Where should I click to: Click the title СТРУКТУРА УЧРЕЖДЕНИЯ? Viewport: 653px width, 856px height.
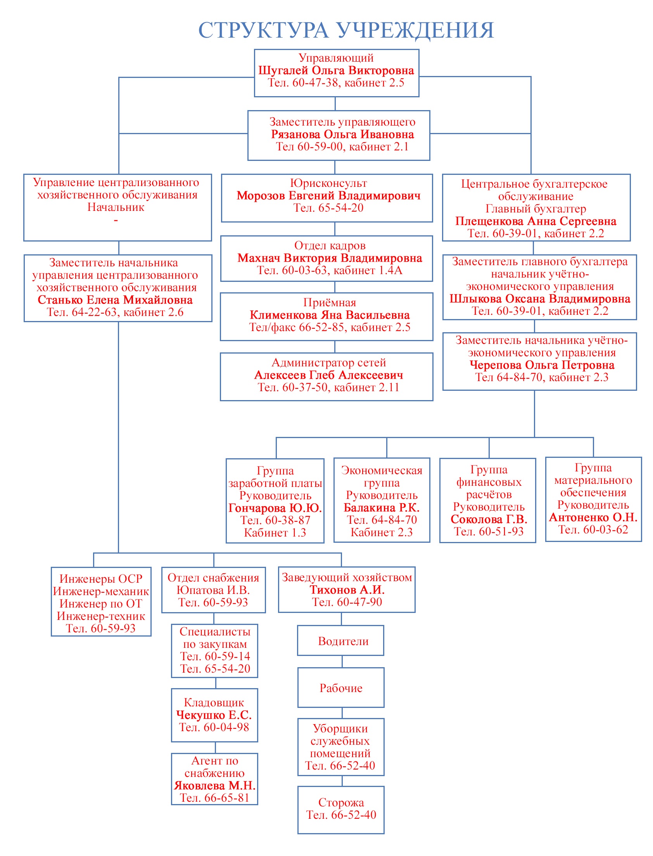click(x=346, y=30)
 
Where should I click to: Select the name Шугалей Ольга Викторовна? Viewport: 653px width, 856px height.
click(x=336, y=70)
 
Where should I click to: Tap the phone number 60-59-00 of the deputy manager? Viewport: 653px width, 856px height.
click(x=320, y=147)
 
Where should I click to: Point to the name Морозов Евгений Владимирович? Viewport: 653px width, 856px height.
click(x=328, y=195)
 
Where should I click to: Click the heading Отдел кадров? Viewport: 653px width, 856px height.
click(x=330, y=245)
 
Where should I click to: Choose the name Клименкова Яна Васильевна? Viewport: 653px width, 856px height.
click(x=330, y=315)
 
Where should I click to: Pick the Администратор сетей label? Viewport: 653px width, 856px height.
click(x=328, y=362)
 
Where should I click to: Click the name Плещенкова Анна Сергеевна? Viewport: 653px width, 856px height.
click(x=536, y=221)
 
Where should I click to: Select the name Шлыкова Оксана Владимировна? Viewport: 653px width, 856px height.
click(x=540, y=299)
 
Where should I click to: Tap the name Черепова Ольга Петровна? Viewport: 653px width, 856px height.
click(x=542, y=365)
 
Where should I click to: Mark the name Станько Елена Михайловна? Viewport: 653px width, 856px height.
click(x=115, y=300)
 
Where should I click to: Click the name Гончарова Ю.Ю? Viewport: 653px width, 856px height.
click(x=275, y=508)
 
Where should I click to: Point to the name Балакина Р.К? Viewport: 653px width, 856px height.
click(x=381, y=507)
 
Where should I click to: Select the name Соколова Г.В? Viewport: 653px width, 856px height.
click(x=489, y=519)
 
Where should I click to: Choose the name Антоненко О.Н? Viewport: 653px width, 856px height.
click(x=593, y=517)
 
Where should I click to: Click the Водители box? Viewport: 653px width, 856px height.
click(x=341, y=641)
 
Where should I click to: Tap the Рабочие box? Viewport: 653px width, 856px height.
click(x=341, y=688)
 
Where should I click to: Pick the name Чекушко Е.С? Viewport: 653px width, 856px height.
click(x=214, y=714)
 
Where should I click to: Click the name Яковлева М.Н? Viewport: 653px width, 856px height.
click(x=214, y=785)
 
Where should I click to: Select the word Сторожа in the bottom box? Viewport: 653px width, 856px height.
click(x=341, y=802)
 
